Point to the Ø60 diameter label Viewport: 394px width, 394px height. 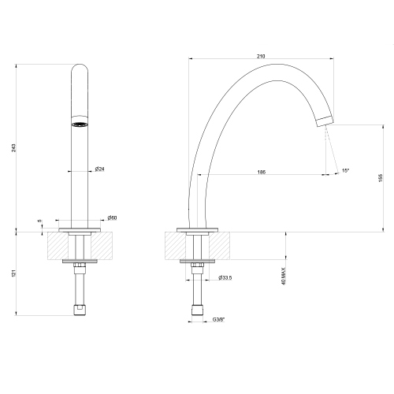[x=112, y=218]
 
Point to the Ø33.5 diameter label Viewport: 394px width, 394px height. [x=224, y=277]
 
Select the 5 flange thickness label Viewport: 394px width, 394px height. [x=39, y=221]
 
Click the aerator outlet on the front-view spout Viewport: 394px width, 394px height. [x=80, y=124]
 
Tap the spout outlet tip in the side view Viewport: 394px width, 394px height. [x=324, y=121]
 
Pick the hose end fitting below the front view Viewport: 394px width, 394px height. [x=80, y=309]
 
